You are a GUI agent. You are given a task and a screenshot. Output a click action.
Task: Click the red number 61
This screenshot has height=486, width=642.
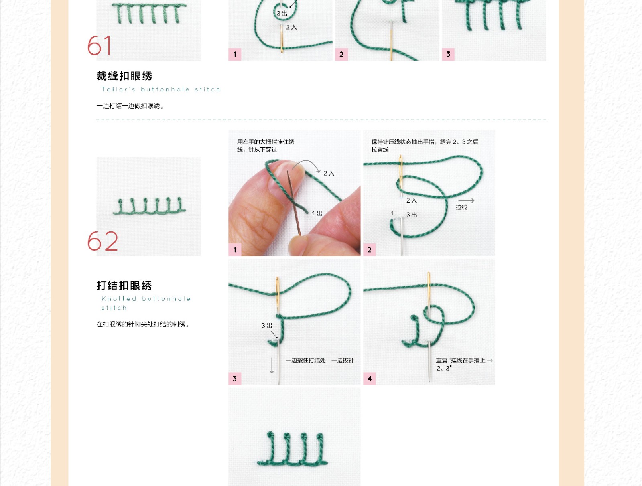(99, 45)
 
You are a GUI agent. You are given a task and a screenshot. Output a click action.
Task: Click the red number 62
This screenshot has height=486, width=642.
(103, 241)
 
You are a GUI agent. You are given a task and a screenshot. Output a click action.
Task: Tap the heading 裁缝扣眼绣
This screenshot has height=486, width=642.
(124, 76)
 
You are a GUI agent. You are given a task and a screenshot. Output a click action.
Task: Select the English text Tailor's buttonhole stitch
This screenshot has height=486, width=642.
(160, 89)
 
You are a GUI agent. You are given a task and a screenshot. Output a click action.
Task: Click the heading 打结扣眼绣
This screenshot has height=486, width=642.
(124, 286)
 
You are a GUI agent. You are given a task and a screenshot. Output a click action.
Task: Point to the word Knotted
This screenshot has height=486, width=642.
(119, 299)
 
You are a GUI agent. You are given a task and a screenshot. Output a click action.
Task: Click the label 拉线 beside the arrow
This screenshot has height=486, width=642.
(461, 207)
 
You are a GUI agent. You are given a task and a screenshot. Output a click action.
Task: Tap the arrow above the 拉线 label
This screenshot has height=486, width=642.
(466, 200)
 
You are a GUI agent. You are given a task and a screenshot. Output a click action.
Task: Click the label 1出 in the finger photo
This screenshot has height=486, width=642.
(317, 213)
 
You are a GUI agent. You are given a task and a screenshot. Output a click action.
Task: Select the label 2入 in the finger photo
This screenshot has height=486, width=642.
(329, 173)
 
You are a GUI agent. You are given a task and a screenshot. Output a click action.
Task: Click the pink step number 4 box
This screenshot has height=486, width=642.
(370, 379)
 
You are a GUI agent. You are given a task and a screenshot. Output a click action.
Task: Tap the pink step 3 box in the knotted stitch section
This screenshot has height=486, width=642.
(235, 379)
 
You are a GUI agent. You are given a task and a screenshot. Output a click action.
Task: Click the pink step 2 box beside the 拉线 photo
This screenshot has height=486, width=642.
(370, 250)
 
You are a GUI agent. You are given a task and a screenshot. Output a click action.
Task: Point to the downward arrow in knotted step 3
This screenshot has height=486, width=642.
(272, 365)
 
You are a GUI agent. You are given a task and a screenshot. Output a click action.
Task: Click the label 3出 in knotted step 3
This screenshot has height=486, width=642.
(267, 325)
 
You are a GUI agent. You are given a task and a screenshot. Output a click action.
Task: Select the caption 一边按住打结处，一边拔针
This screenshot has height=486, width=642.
(320, 360)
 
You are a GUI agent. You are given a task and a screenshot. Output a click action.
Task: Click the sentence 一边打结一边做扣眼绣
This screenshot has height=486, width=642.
(130, 106)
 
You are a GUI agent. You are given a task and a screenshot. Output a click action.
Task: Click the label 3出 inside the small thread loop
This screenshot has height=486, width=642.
(282, 14)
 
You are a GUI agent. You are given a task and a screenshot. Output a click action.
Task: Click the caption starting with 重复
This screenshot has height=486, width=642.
(464, 364)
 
